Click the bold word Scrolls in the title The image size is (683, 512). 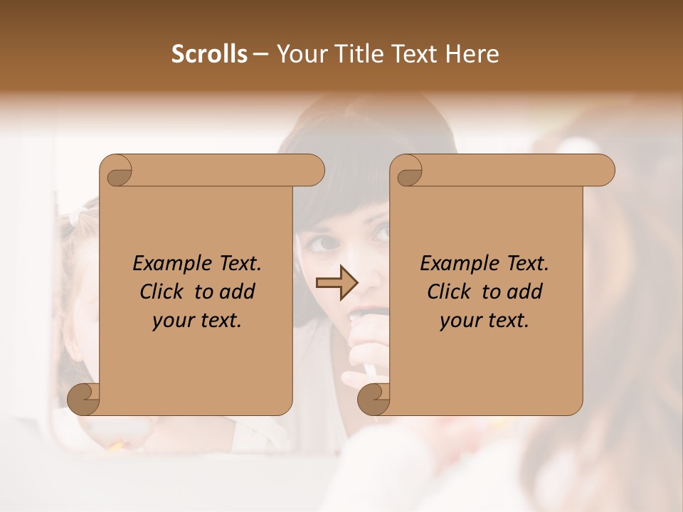(x=209, y=54)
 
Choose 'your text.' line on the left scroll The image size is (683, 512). (x=197, y=320)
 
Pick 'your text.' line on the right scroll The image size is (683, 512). (x=485, y=320)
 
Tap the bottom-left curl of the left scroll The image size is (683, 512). (x=84, y=399)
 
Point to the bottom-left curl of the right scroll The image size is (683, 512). (x=374, y=399)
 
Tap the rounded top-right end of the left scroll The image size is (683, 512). (x=313, y=171)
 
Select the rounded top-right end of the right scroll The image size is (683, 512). (x=603, y=171)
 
